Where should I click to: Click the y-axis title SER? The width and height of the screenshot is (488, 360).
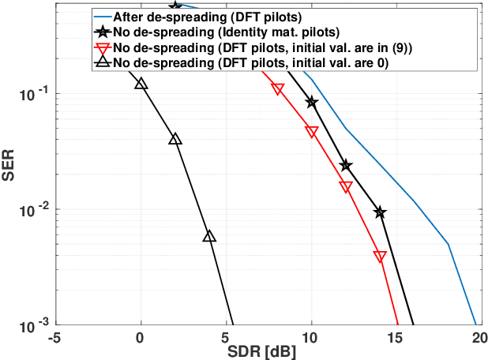click(x=9, y=170)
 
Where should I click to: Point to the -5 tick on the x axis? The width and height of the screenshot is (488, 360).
click(x=55, y=336)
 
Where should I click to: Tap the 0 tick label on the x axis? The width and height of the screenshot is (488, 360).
click(x=141, y=336)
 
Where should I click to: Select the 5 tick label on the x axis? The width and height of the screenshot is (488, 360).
click(x=226, y=336)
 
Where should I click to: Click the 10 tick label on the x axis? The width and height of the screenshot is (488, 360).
click(x=311, y=336)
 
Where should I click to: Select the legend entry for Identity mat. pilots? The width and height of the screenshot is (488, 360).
click(x=216, y=33)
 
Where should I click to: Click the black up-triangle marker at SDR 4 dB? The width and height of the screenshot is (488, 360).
click(x=209, y=237)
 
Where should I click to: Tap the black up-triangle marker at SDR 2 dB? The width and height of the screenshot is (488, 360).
click(x=175, y=139)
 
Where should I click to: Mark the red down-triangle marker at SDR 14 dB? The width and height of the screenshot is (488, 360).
click(x=380, y=257)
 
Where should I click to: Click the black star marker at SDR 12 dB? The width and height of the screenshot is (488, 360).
click(x=346, y=165)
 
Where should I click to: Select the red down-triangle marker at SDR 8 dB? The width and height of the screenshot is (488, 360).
click(x=278, y=89)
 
